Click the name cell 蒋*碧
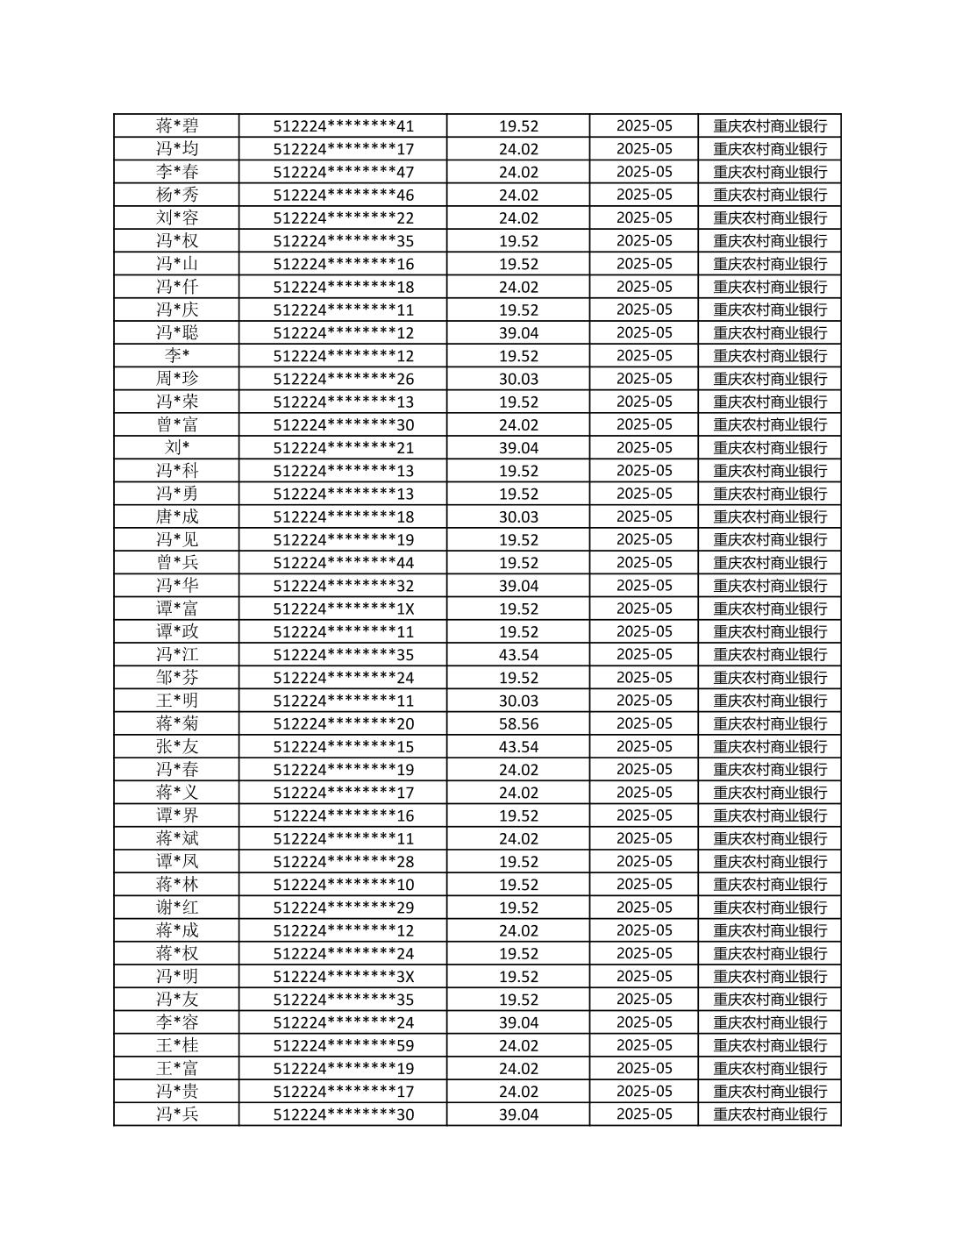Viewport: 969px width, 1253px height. (x=177, y=125)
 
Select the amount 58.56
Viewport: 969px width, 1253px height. (x=518, y=723)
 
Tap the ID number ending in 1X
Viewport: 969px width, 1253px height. (x=343, y=609)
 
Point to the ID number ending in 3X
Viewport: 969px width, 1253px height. (x=343, y=976)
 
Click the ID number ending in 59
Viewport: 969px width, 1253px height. (x=343, y=1045)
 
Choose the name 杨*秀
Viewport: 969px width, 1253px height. (x=177, y=195)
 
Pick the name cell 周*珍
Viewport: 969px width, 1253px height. (x=177, y=379)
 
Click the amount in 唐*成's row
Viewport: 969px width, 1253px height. (x=518, y=516)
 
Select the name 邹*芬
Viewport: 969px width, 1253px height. (x=177, y=677)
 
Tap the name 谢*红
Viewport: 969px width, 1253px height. (x=177, y=908)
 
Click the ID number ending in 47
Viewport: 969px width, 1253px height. (x=343, y=172)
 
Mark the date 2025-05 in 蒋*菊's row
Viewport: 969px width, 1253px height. (x=644, y=723)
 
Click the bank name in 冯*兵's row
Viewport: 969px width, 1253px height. (x=770, y=1114)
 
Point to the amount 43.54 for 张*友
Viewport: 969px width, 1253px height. (x=518, y=746)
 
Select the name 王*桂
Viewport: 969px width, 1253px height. (x=177, y=1045)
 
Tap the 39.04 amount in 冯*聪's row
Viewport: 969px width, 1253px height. (x=518, y=332)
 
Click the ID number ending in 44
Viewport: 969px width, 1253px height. (x=343, y=562)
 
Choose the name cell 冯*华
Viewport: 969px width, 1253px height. (x=177, y=586)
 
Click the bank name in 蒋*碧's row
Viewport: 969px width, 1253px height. (x=770, y=125)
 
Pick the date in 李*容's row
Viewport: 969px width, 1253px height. (x=644, y=1022)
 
